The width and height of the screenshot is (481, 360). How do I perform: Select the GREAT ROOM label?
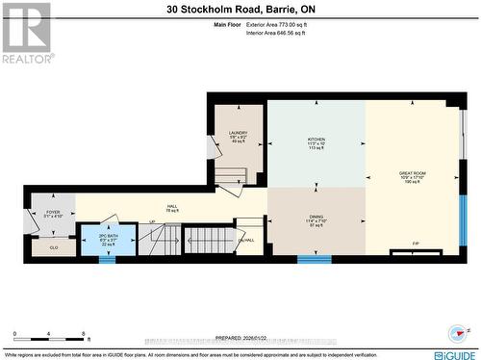click(412, 174)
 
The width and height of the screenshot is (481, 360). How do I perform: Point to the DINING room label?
click(316, 217)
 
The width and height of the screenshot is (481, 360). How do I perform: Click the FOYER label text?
click(52, 212)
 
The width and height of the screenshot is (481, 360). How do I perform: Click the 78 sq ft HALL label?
click(172, 206)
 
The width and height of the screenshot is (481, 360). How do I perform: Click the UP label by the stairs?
click(151, 222)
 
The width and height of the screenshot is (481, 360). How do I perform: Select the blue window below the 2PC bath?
click(108, 259)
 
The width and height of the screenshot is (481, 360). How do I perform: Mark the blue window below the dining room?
click(315, 258)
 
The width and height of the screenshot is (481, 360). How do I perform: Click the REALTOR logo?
click(26, 33)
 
